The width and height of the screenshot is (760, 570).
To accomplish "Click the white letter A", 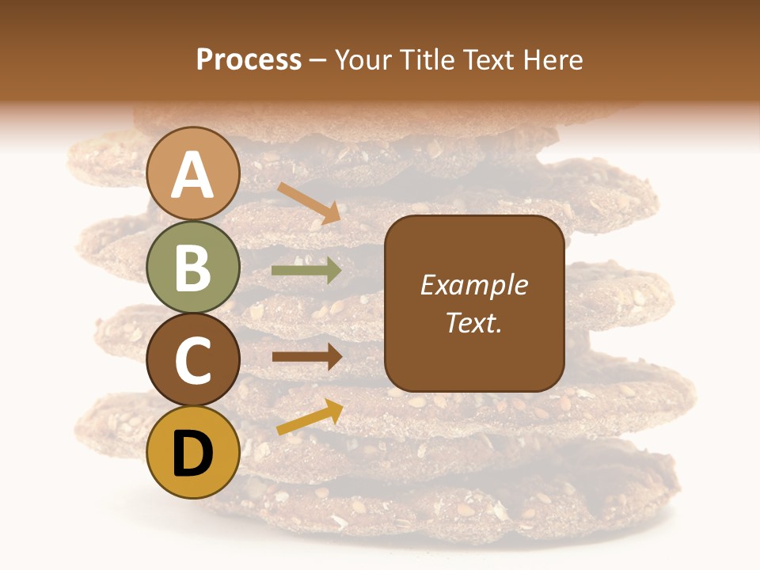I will point(193,175).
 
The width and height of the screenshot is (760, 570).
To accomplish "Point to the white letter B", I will point(193,268).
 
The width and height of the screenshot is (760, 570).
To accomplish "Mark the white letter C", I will point(193,361).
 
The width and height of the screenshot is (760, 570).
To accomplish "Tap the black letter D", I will point(193,454).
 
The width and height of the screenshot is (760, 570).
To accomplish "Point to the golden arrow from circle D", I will point(310,417).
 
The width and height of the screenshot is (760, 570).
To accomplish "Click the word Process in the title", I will point(249,59).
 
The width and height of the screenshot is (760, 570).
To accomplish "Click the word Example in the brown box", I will point(473,286).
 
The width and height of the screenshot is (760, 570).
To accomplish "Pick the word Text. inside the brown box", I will point(473,323).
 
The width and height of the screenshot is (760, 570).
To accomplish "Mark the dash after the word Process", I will point(318,61).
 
